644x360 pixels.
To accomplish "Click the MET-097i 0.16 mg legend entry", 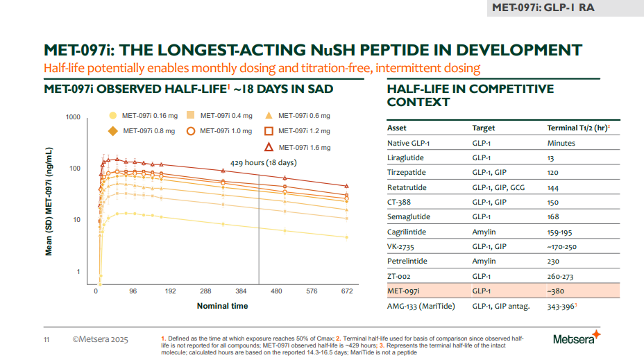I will tap(143, 115).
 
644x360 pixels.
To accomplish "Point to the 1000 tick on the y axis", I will tap(73, 117).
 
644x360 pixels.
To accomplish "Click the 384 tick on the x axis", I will tap(241, 291).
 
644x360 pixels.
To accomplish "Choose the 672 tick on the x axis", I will tap(346, 291).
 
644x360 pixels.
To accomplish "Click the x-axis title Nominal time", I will tap(222, 306).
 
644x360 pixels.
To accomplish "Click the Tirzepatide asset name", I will tap(407, 173).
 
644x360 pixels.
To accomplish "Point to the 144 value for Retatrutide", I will tap(554, 187).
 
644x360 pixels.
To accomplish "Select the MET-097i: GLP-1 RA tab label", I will tap(542, 8).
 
